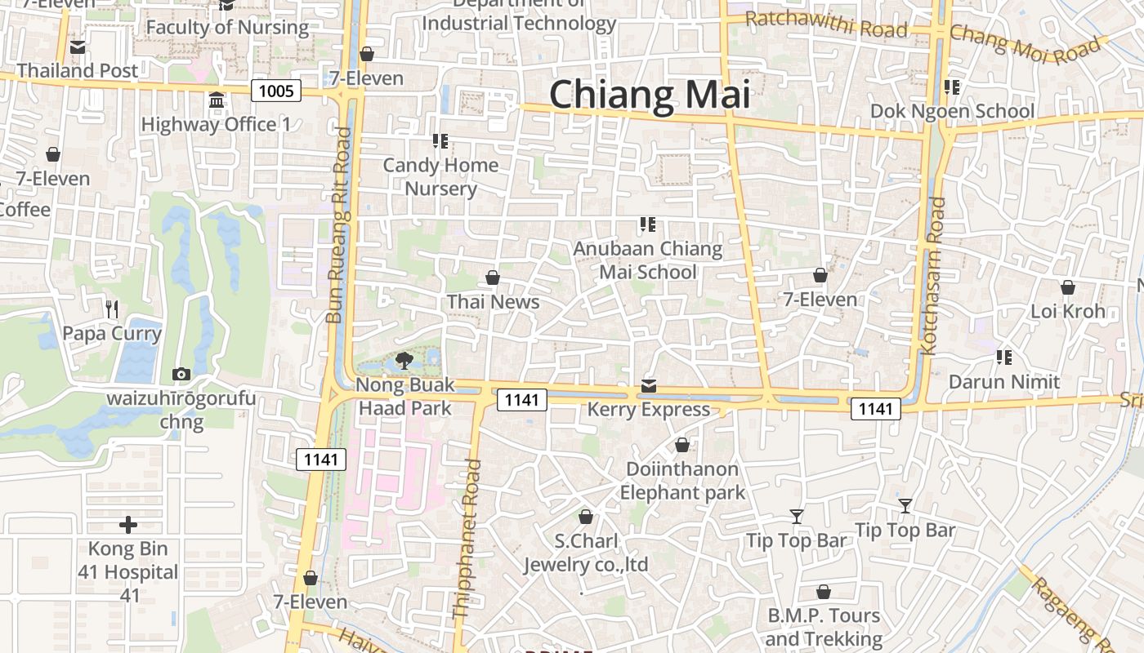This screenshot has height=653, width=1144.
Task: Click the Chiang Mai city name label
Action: click(650, 94)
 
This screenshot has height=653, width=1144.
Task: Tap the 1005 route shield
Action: click(276, 91)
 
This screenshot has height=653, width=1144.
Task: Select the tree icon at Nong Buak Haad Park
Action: click(404, 360)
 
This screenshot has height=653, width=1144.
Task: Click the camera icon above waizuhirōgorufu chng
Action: click(181, 375)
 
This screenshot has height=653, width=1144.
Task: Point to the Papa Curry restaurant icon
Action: click(112, 309)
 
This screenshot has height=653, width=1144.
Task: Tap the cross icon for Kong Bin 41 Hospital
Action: click(128, 524)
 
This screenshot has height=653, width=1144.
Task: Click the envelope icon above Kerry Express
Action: click(649, 385)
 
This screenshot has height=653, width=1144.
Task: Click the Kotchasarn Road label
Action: click(932, 275)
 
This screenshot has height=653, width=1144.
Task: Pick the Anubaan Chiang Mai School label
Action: click(648, 260)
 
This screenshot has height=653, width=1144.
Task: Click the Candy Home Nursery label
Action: click(440, 176)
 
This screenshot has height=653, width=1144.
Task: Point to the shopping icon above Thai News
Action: click(493, 278)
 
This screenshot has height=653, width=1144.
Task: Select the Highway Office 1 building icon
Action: click(217, 100)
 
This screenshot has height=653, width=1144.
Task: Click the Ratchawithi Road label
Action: click(826, 24)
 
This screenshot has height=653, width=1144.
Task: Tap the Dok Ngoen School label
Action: click(952, 111)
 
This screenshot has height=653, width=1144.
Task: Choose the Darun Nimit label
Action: click(1003, 381)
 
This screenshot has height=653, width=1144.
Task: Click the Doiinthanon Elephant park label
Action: click(682, 481)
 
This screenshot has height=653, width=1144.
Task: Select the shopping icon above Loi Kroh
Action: click(1067, 287)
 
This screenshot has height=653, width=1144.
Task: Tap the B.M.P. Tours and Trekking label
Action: click(824, 627)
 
